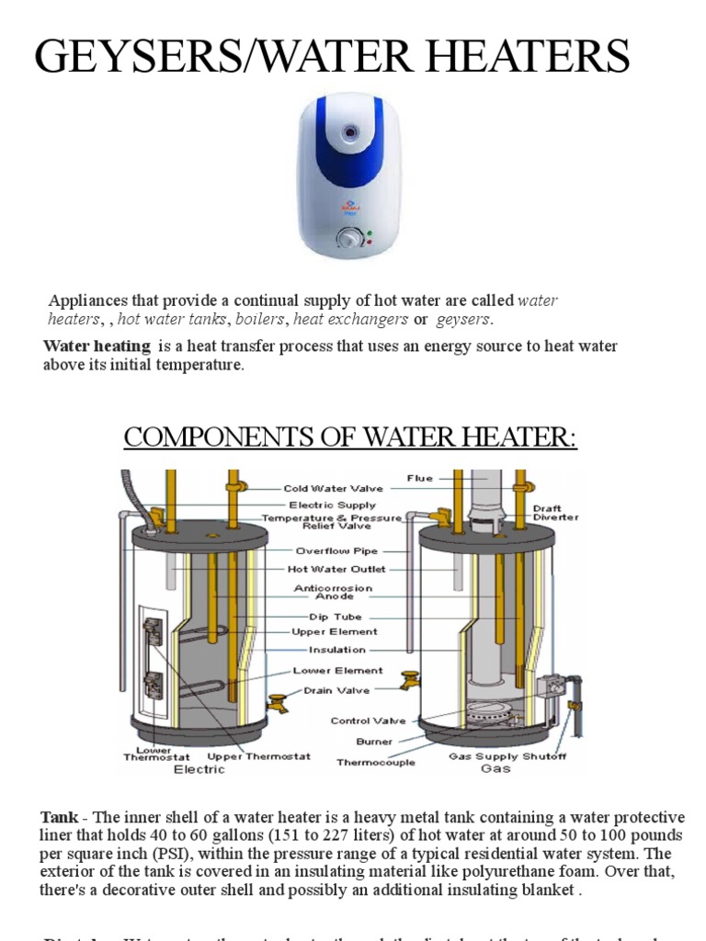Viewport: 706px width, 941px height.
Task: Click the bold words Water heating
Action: [x=97, y=346]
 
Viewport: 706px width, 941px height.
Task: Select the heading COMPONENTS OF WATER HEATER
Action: [x=350, y=437]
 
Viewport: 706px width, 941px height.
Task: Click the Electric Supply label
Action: [x=332, y=505]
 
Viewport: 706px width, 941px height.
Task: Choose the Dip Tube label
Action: [x=335, y=617]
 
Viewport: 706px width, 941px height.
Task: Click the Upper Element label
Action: [x=334, y=632]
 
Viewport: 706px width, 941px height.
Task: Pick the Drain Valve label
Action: [x=337, y=690]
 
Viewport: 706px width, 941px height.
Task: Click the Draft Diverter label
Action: [x=556, y=512]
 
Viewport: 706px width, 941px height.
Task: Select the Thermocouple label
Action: [x=376, y=762]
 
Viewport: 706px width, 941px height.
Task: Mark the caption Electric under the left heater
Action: [x=199, y=769]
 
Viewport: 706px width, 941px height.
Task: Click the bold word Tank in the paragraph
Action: [x=57, y=818]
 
